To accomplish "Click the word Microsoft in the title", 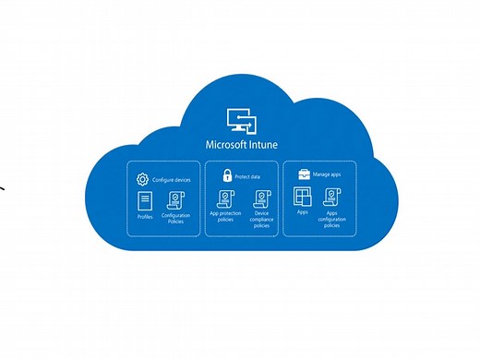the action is coord(224,145).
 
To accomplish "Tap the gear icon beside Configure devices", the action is coord(142,179).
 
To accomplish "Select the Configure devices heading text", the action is coord(173,179).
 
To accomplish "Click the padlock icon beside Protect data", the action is coord(224,174).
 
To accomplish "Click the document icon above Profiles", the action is coord(145,201).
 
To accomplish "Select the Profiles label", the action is coord(145,219).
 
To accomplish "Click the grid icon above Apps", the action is coord(302,196).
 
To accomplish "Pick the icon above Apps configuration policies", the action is coord(332,196).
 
